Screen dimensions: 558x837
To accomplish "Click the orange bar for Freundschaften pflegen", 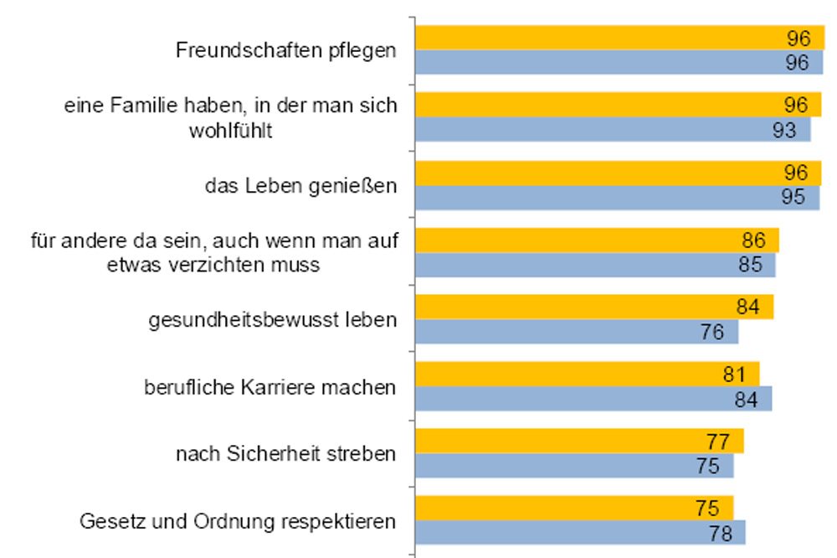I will pos(619,38).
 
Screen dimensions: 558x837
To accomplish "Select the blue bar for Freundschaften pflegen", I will pos(619,63).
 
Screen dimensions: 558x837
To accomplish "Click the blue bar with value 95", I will pos(617,198).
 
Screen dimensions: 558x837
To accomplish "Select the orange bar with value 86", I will pos(597,240).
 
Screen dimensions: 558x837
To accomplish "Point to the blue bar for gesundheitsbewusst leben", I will pos(577,332).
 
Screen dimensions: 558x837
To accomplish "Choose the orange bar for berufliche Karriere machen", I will pos(587,374).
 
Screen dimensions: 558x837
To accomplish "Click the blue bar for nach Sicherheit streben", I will pos(574,466).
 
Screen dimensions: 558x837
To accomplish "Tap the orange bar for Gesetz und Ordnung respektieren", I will pos(574,508).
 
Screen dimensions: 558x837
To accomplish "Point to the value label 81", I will pos(734,375).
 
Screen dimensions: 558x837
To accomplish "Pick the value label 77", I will pos(718,442).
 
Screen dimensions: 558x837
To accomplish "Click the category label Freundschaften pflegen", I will pos(285,50).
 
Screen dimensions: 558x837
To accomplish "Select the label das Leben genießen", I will pos(300,185).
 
